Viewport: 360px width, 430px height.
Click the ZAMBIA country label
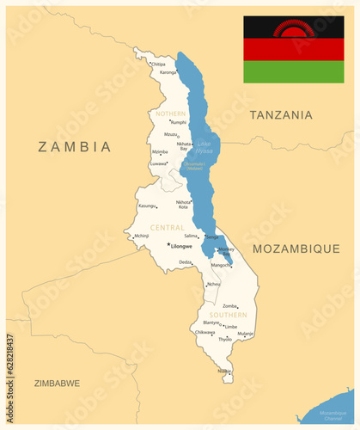[75, 146]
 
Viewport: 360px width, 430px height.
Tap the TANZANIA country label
[280, 114]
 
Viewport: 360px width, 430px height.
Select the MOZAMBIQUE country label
[296, 248]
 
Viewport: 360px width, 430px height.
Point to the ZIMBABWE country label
[57, 382]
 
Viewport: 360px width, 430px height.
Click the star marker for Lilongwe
[168, 244]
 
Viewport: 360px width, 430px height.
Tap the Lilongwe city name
[182, 247]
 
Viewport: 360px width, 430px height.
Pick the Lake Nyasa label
[204, 147]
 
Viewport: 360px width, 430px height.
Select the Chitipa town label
[158, 64]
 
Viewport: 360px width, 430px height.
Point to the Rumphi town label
[178, 122]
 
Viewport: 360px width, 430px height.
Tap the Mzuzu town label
[171, 134]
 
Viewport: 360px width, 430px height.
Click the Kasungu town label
[147, 206]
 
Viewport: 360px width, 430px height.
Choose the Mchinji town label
[141, 235]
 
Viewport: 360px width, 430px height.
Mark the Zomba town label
[229, 306]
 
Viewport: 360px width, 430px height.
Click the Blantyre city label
[211, 322]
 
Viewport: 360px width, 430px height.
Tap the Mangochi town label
[221, 265]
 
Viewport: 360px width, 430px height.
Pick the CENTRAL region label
[167, 227]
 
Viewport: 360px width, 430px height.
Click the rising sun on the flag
[295, 29]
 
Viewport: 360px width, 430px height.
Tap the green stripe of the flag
[293, 72]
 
